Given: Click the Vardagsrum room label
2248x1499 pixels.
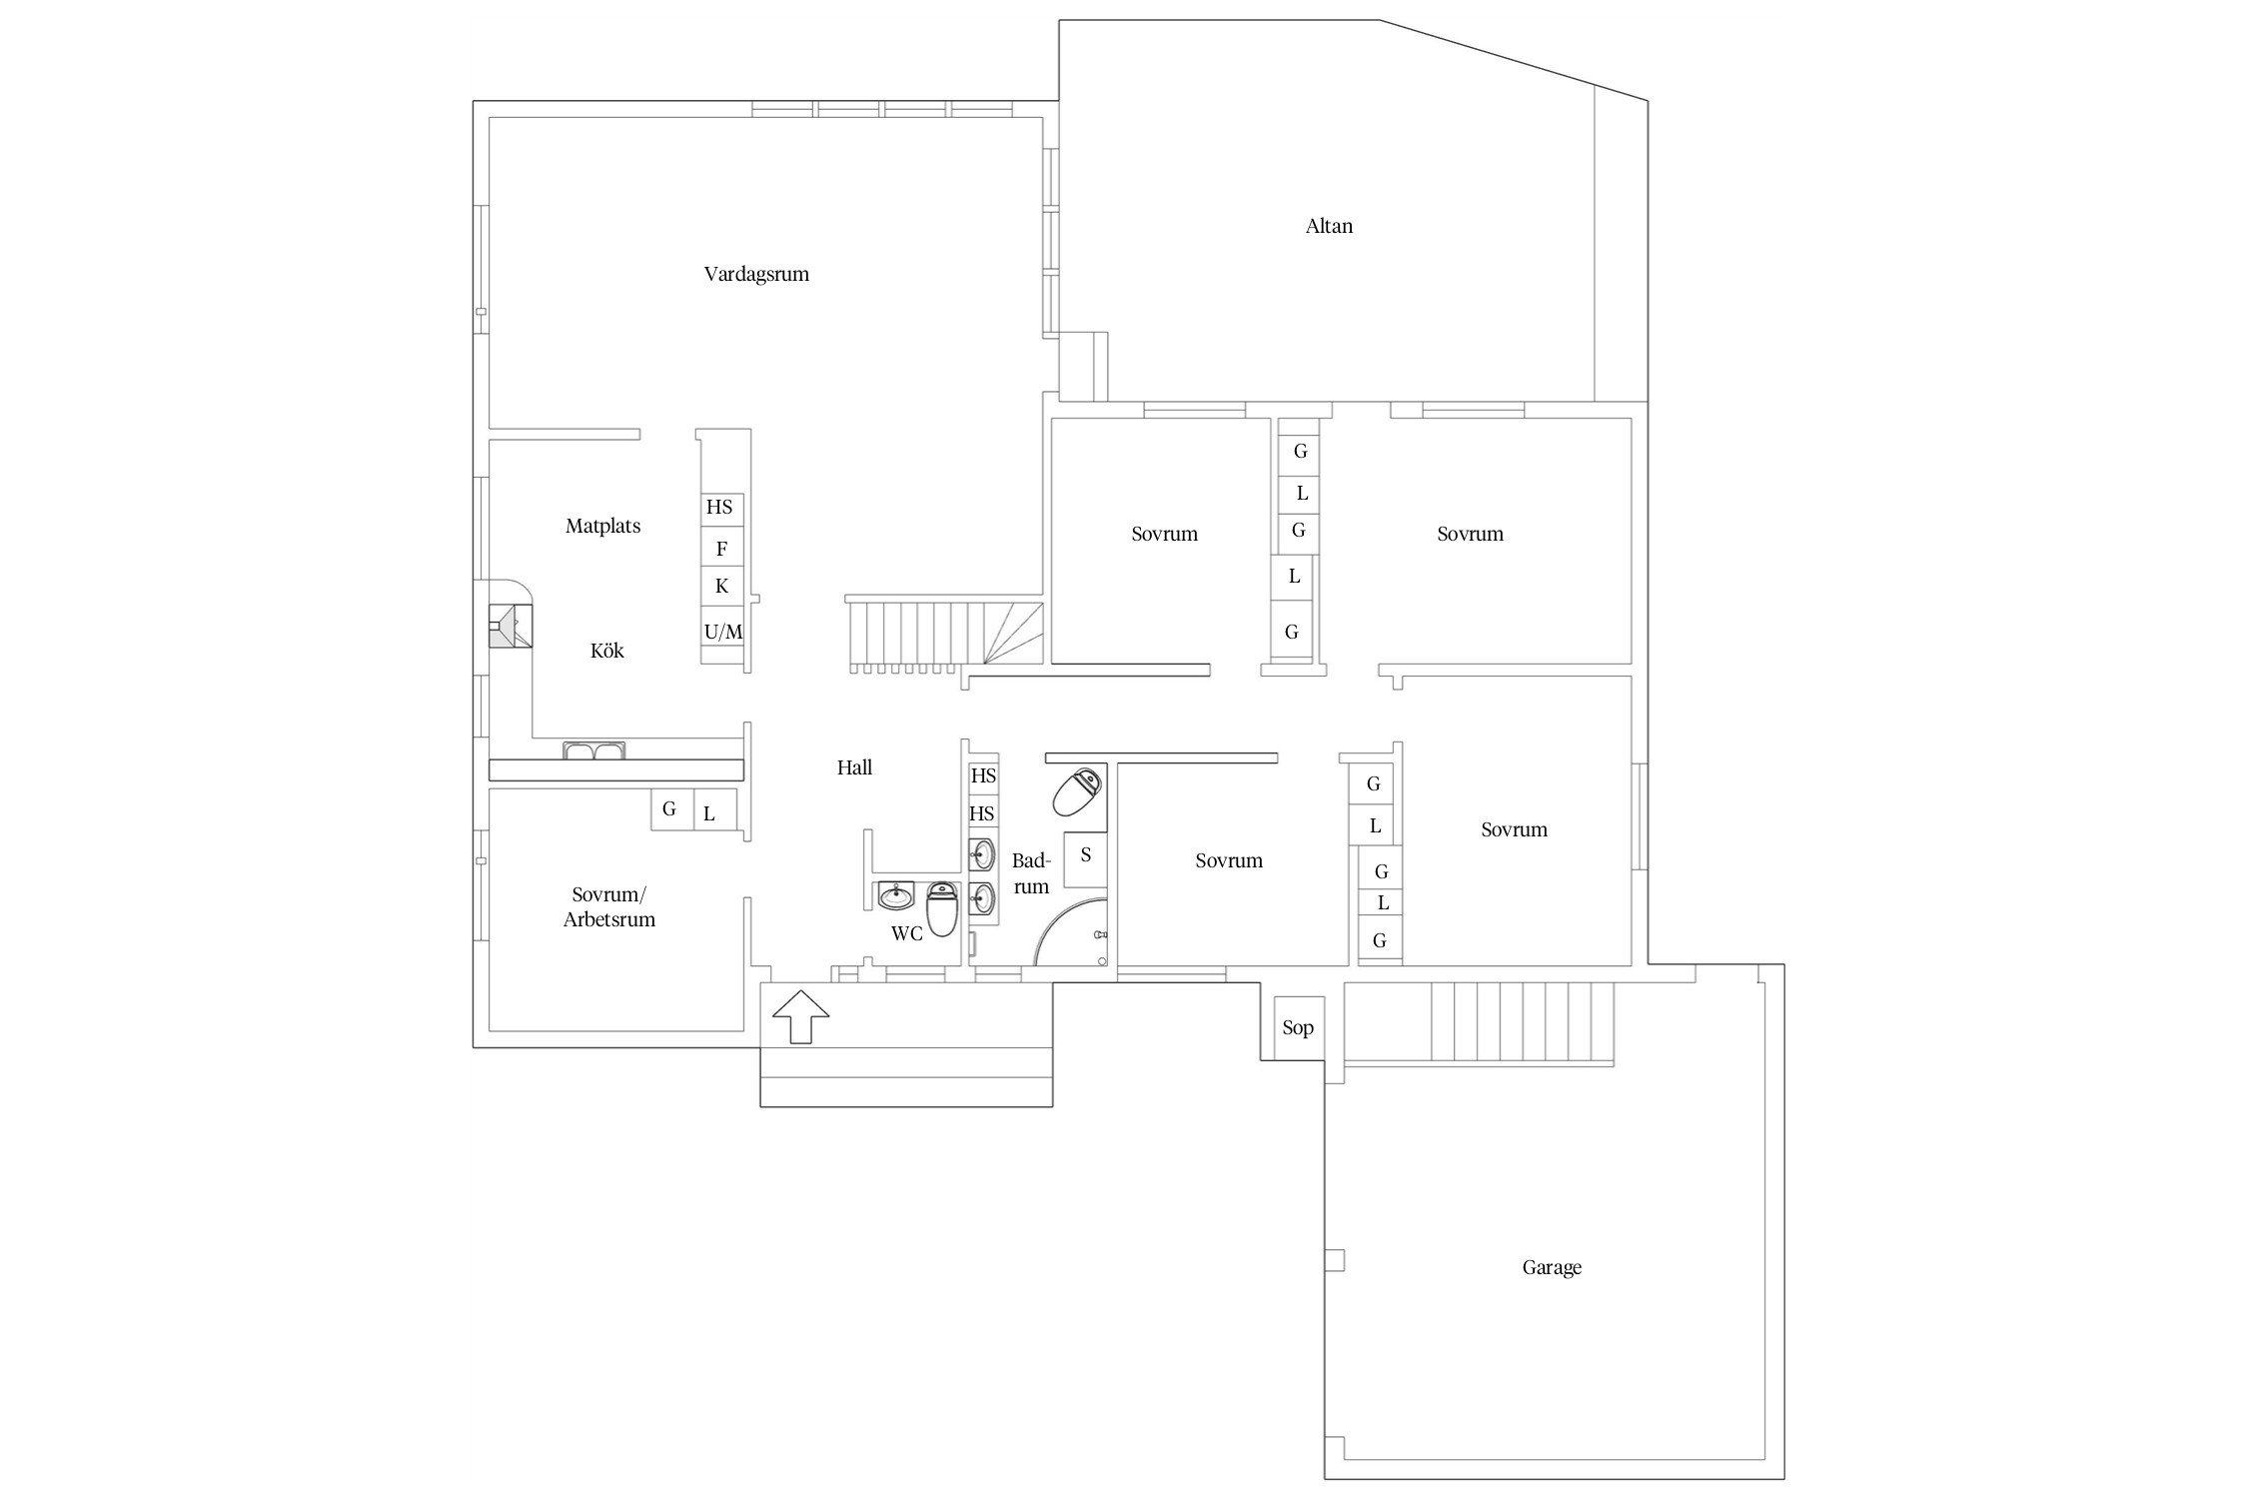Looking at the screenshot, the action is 756,275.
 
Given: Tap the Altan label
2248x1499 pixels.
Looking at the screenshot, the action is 1329,226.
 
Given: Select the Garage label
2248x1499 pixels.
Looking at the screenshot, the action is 1552,1268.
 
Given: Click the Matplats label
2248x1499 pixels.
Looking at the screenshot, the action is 602,526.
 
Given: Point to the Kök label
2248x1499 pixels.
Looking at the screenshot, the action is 606,651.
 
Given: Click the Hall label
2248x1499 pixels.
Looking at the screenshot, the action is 854,767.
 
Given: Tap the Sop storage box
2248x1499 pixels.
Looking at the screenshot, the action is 1299,1027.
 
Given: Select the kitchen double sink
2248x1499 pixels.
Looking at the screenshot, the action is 593,749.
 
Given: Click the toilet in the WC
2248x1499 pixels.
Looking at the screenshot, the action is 942,908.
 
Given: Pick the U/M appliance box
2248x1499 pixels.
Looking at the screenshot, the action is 723,632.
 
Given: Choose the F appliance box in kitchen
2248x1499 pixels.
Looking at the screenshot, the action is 722,548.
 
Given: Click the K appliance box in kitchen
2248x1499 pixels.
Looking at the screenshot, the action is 722,587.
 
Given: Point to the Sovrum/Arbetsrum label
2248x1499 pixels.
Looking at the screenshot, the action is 609,907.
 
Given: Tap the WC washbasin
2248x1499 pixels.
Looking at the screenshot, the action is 896,895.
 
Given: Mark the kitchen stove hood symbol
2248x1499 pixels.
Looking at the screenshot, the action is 510,626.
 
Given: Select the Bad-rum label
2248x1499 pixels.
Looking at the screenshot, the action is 1031,873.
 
